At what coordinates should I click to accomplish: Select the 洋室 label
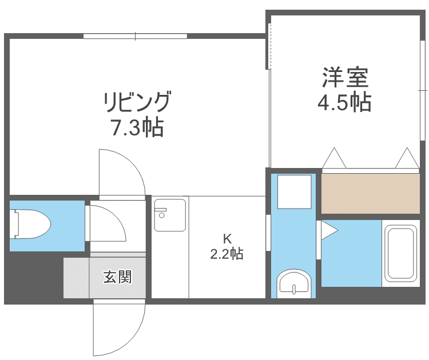(344, 77)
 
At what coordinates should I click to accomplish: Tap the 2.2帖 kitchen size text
(227, 253)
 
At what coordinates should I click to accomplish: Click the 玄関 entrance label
(117, 277)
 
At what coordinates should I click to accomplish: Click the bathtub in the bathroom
(400, 254)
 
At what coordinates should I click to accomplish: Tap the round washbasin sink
(293, 283)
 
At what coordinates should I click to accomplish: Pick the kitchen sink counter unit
(170, 214)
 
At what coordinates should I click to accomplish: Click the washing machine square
(294, 191)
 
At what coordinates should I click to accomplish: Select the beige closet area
(371, 193)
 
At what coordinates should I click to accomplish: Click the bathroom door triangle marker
(328, 230)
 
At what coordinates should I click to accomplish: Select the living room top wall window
(135, 37)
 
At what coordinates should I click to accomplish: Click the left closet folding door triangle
(334, 158)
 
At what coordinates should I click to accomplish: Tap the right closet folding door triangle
(407, 158)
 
